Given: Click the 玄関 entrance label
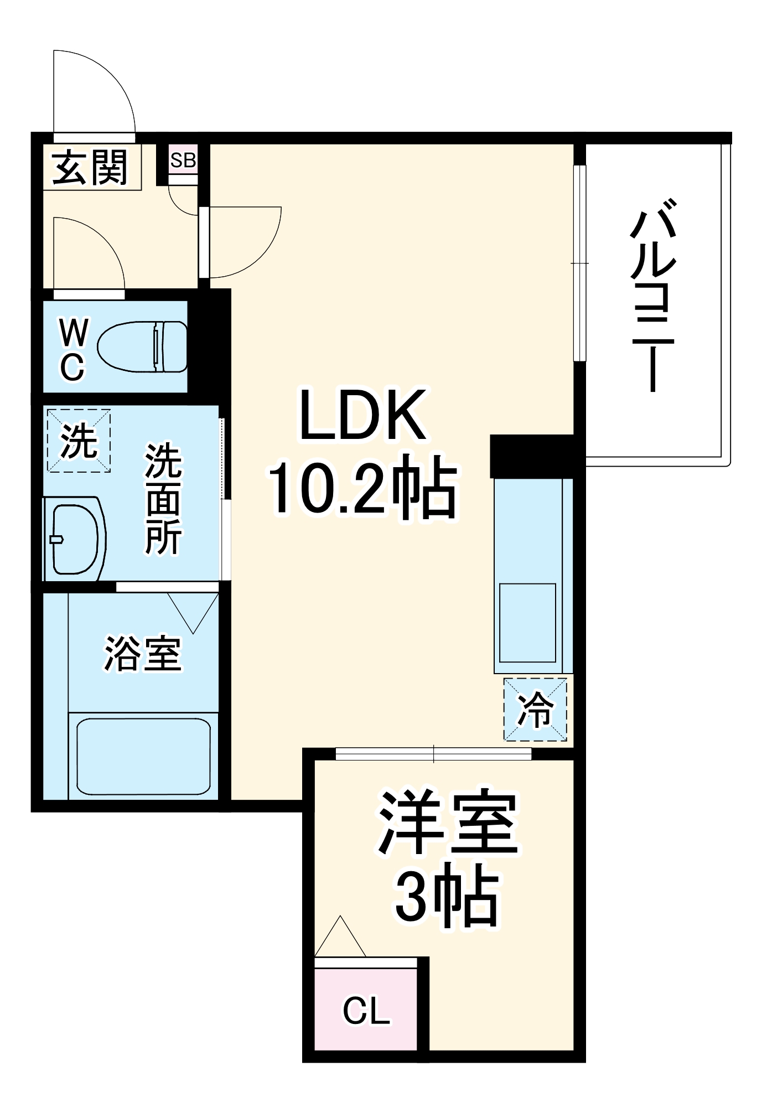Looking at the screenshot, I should tap(90, 167).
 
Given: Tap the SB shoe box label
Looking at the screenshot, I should tap(183, 161).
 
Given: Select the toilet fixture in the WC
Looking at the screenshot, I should tap(143, 346).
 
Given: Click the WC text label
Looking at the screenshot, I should tap(72, 350).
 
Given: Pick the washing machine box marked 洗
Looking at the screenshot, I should tap(79, 441).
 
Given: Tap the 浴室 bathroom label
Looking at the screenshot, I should tap(143, 654).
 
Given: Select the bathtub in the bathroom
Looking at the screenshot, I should tap(143, 756).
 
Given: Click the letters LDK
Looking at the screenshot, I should tap(363, 415).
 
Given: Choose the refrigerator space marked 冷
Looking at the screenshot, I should tap(535, 709).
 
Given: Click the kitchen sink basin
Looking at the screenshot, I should tap(527, 623).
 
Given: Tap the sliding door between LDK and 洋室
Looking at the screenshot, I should tap(433, 753).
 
